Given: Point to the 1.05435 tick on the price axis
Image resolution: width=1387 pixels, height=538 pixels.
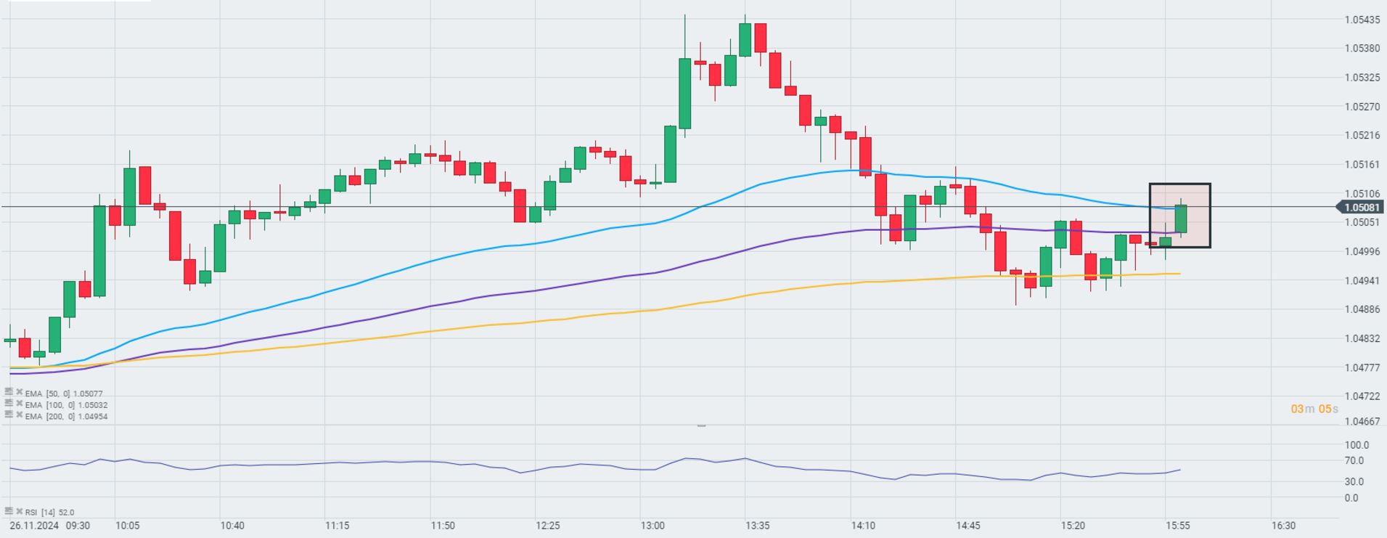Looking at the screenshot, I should [x=1362, y=20].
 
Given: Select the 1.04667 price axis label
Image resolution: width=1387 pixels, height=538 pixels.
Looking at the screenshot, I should [x=1362, y=421].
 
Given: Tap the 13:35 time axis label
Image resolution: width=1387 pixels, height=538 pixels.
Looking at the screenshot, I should [x=757, y=526].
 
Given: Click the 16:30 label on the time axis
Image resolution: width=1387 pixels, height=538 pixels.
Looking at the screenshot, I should [x=1283, y=526].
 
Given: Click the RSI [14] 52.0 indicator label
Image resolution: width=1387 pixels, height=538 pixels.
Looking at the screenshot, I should [x=49, y=512].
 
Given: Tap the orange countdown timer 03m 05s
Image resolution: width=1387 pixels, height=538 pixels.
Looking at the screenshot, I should [x=1314, y=409].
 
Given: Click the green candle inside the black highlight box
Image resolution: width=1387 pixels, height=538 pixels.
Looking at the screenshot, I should [x=1181, y=219].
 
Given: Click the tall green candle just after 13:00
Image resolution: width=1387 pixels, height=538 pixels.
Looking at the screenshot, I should [x=684, y=93].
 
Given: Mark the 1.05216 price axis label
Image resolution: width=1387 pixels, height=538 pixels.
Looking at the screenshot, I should [x=1362, y=135].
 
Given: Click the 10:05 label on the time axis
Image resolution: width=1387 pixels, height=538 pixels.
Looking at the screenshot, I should [x=127, y=526].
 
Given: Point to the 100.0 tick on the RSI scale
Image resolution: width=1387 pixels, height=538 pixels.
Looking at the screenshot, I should [x=1356, y=445].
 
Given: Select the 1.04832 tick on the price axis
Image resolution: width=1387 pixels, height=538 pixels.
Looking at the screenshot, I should [x=1362, y=338].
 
